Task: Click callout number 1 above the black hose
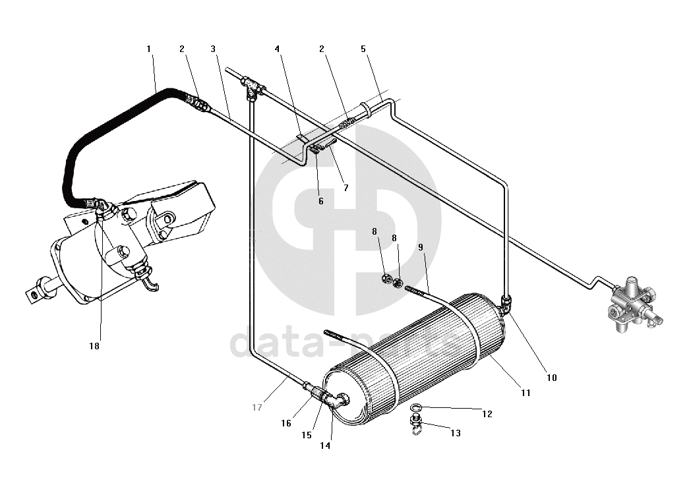pos(148,49)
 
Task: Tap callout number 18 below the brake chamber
pos(94,346)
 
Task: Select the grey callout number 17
pos(257,407)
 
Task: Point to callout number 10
pos(552,378)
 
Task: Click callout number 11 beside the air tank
pos(526,393)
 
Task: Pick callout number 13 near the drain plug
pos(456,433)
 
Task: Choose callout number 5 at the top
pos(363,49)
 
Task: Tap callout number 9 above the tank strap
pos(421,247)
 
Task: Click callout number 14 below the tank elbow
pos(325,446)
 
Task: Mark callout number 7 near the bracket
pos(346,188)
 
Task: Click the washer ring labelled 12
pos(416,406)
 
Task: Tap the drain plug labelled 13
pos(415,424)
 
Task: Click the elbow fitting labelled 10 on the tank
pos(506,304)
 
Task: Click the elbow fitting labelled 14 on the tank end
pos(338,401)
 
